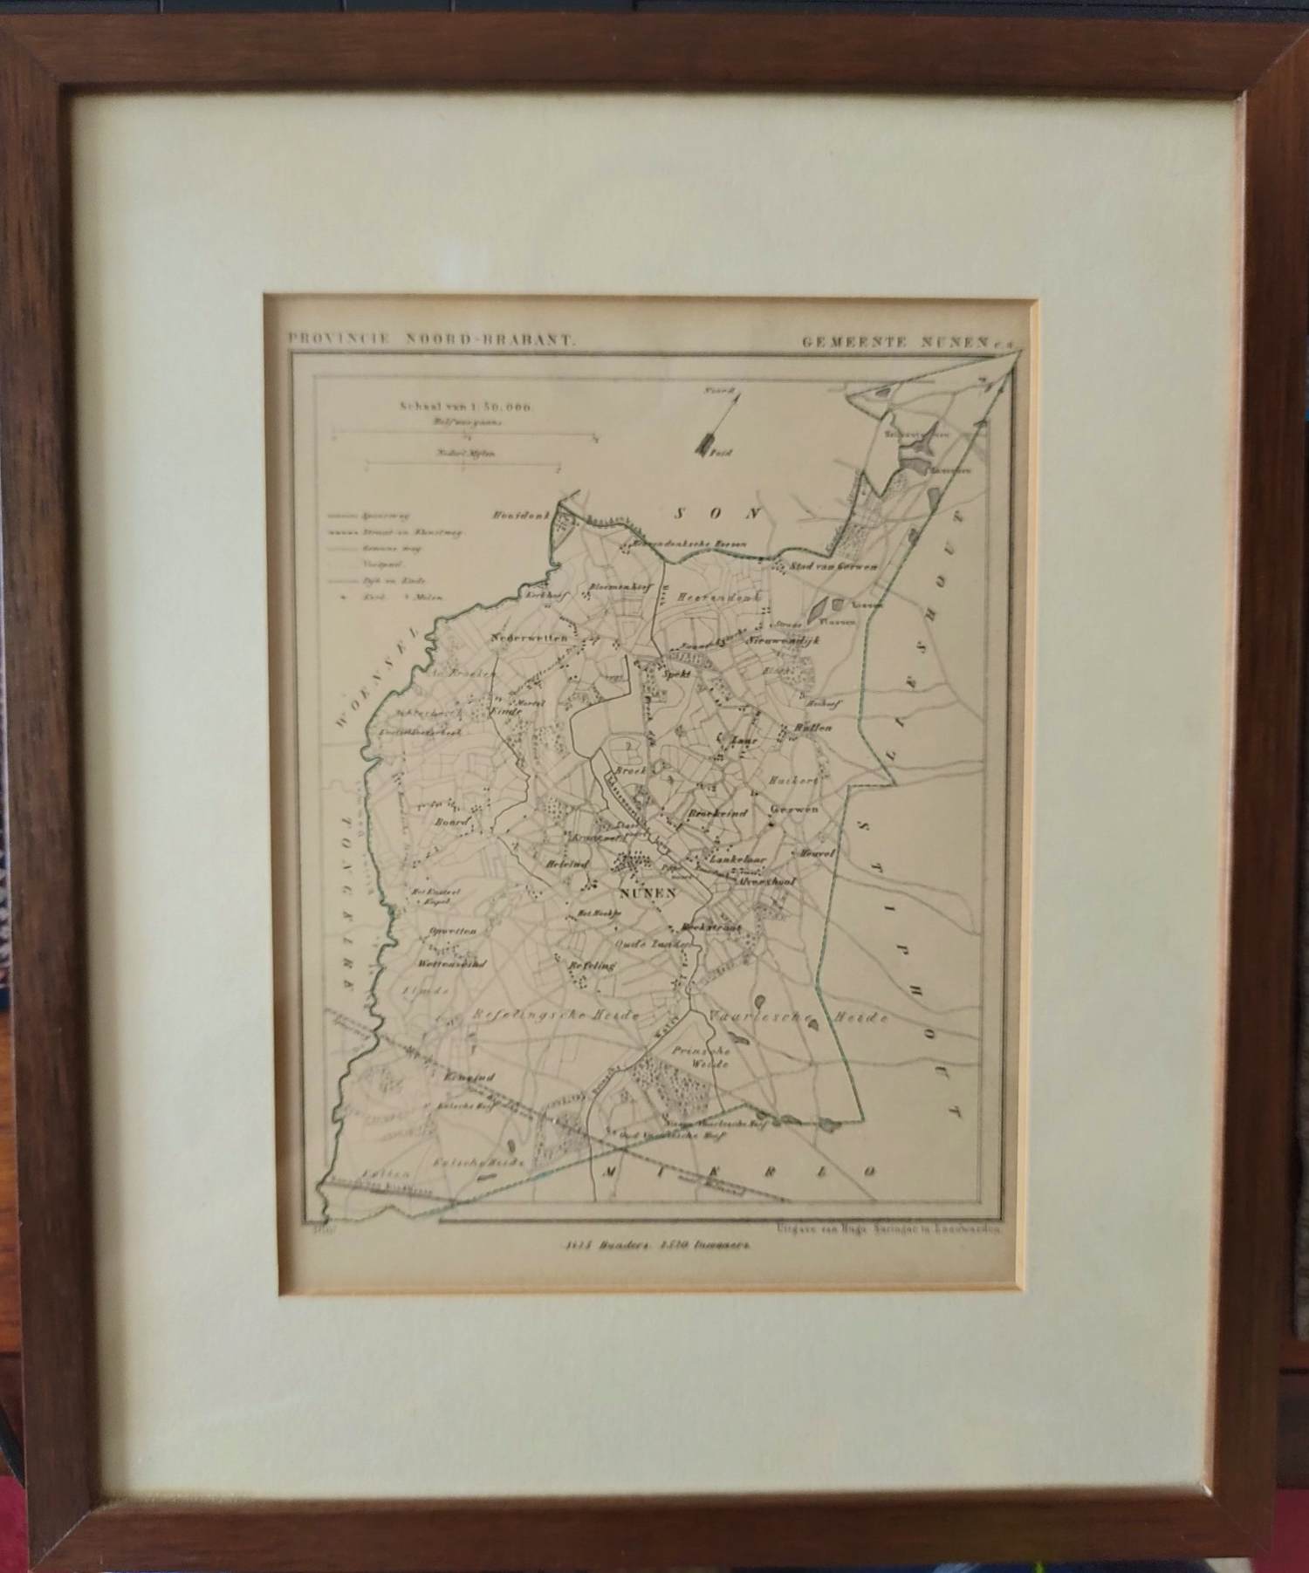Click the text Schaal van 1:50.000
click(x=466, y=406)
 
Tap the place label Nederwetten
click(x=529, y=638)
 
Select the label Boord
click(x=453, y=821)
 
